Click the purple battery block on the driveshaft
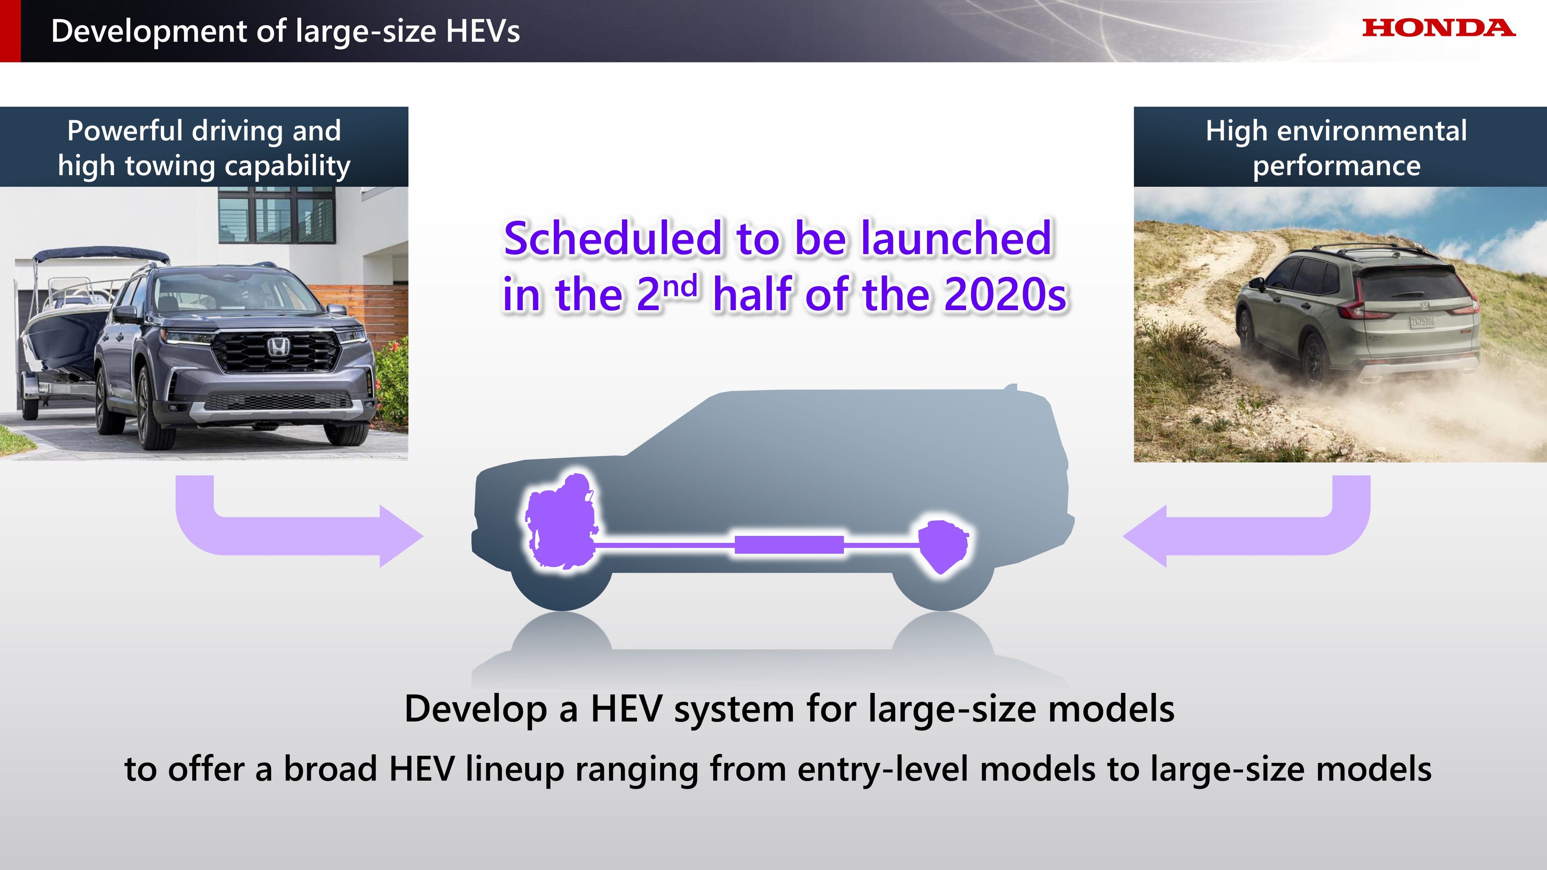click(x=789, y=545)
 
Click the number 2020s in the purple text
click(x=1005, y=295)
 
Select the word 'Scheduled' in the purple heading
click(x=612, y=238)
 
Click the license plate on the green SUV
click(x=1423, y=321)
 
